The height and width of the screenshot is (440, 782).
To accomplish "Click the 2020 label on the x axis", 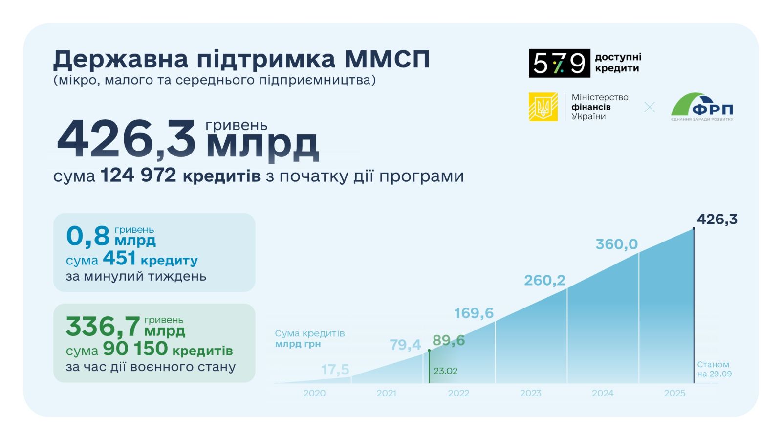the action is coord(314,393).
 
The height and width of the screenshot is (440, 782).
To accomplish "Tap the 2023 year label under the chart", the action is coord(530,393).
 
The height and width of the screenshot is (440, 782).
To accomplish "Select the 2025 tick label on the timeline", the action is coord(674,393).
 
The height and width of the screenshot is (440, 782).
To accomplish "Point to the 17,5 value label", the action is coord(335,370).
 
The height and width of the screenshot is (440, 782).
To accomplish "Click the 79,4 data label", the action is coord(405,345).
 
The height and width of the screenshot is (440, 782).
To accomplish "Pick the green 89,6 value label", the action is coord(449,340).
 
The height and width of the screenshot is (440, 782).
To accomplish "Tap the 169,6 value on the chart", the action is coord(474,313).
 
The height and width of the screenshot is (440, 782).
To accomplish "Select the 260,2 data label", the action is coord(544,280).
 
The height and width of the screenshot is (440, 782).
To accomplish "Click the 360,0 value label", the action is coord(616,244).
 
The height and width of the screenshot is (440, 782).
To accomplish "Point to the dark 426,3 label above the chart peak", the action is coord(717,220).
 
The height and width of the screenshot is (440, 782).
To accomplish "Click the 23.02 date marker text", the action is coord(445,371).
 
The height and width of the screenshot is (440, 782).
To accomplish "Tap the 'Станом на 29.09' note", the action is coord(714,369).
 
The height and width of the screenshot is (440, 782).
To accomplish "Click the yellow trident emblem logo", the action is coord(543,107).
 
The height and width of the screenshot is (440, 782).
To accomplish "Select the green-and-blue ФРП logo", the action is coord(702,107).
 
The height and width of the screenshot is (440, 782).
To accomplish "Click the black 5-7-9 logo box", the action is coord(559,63).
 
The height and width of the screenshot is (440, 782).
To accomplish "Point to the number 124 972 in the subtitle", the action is coord(138,176).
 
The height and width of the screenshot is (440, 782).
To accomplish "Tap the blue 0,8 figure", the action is coord(88,236).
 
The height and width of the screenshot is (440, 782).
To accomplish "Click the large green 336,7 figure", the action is coord(103,327).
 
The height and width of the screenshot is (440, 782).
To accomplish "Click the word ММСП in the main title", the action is coord(387,59).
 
